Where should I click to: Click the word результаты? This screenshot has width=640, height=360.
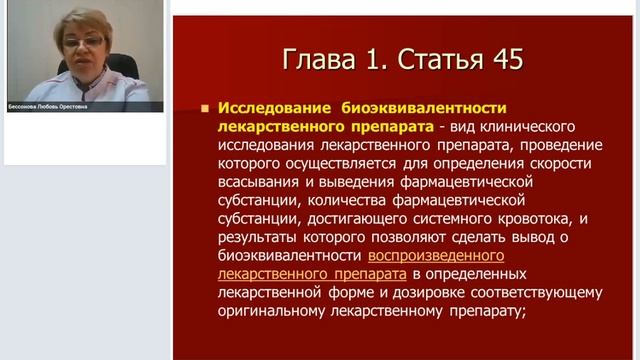point(256,237)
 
